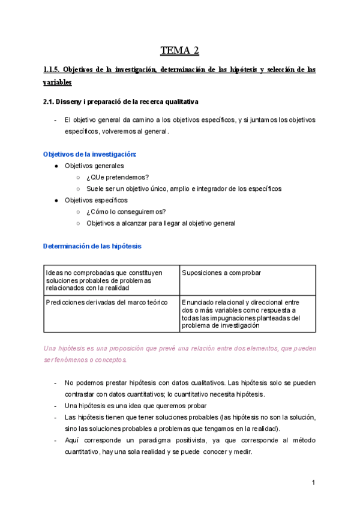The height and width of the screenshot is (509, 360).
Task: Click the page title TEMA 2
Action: (x=179, y=50)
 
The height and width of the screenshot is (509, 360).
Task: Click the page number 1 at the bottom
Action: (x=313, y=483)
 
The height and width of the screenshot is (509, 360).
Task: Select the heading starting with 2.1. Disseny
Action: (x=121, y=102)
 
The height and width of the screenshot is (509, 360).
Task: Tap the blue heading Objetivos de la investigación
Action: (x=90, y=154)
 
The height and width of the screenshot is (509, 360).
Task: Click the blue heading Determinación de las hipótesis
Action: (x=92, y=246)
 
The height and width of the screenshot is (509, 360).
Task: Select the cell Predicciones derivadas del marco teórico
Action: (x=106, y=303)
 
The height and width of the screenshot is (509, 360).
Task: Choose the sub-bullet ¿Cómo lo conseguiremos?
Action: (x=125, y=211)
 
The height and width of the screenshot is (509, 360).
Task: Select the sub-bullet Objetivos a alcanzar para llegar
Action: (x=161, y=223)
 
